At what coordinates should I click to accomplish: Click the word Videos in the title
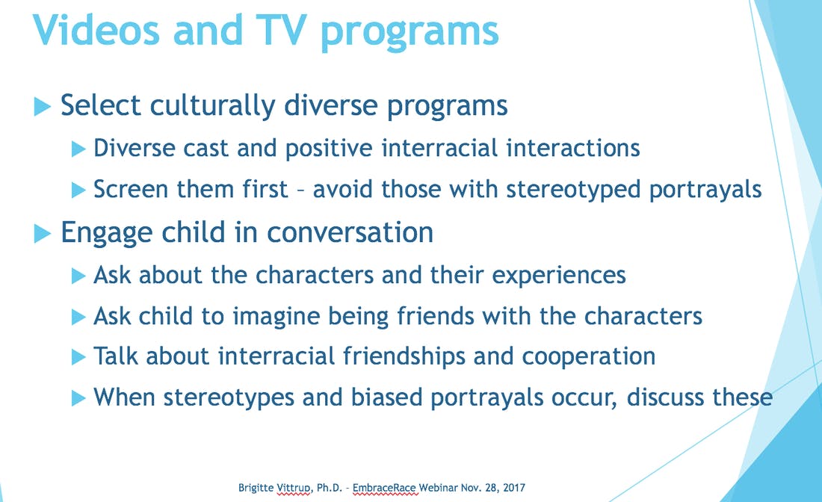(96, 30)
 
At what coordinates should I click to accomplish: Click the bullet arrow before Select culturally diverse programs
(43, 107)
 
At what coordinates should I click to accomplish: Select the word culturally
(211, 106)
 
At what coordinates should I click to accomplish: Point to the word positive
(329, 149)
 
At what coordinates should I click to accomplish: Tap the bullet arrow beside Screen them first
(78, 190)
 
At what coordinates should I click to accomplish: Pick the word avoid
(343, 189)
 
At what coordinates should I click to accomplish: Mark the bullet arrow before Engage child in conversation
(43, 234)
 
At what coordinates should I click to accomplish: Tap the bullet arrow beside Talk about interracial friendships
(78, 357)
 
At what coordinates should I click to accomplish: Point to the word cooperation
(589, 357)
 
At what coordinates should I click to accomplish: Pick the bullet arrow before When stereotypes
(78, 399)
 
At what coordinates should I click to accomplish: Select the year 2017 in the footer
(514, 488)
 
